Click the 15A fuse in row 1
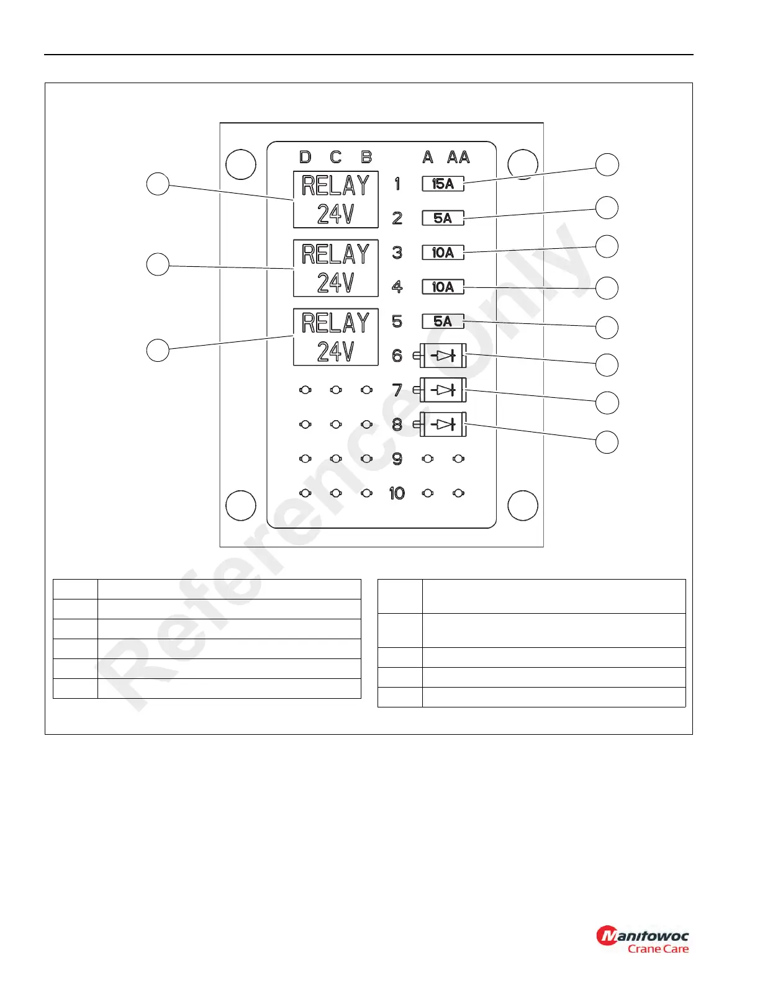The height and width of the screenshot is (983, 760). pos(443,184)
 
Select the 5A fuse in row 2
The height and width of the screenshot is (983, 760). pos(443,218)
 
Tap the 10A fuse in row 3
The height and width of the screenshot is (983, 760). pos(443,253)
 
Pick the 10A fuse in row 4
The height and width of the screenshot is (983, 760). pos(443,287)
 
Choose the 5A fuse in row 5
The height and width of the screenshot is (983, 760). pos(443,321)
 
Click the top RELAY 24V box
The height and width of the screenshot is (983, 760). pos(336,200)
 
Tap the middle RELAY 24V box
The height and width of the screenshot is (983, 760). pos(336,268)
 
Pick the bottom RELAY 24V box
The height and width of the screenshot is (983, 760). pos(336,337)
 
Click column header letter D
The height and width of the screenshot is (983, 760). pos(305,157)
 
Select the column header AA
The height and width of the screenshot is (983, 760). pos(458,157)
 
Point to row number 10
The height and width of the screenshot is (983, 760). pos(397,493)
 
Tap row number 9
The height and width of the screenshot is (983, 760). pos(397,459)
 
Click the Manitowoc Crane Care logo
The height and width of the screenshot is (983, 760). pos(643,939)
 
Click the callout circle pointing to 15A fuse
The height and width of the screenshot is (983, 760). pos(607,164)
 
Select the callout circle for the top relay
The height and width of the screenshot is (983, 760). pos(158,184)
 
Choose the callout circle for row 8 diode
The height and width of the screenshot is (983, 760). pos(607,442)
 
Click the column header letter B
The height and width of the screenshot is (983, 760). pos(366,157)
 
